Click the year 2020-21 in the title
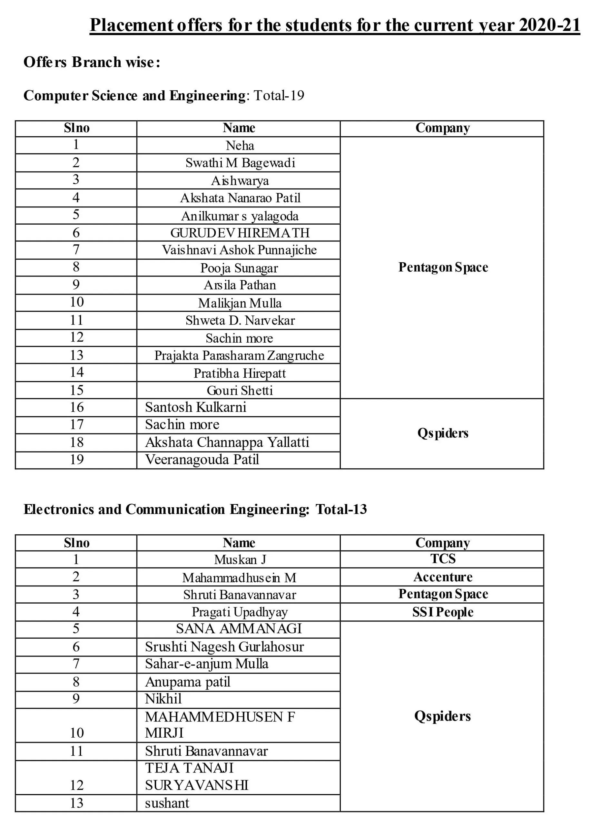pyautogui.click(x=549, y=25)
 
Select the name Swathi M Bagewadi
pyautogui.click(x=240, y=163)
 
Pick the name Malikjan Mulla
pyautogui.click(x=240, y=303)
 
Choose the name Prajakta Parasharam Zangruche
pyautogui.click(x=239, y=355)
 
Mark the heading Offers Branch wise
pyautogui.click(x=92, y=62)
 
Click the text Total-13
pyautogui.click(x=341, y=509)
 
